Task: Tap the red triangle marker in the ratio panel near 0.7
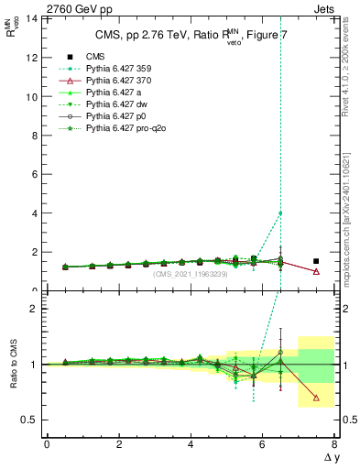coord(316,398)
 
